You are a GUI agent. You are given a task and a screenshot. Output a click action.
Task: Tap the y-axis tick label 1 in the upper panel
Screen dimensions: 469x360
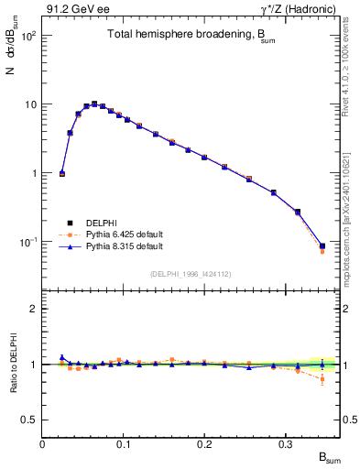pyautogui.click(x=32, y=173)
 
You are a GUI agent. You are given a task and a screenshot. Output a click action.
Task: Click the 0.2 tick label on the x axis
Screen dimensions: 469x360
pyautogui.click(x=203, y=444)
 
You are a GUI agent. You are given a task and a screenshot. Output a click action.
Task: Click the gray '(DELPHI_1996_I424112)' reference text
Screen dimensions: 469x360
pyautogui.click(x=191, y=272)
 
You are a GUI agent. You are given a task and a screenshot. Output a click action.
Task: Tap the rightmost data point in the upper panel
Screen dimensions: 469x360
pyautogui.click(x=322, y=246)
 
